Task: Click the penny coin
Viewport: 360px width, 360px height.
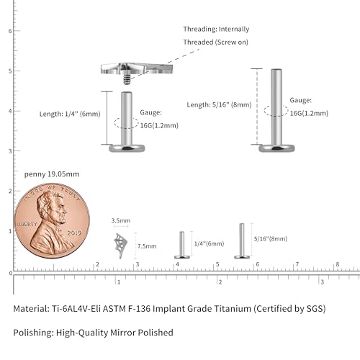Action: tap(52, 221)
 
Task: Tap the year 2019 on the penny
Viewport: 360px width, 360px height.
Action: tap(74, 233)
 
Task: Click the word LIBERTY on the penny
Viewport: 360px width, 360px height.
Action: tap(27, 224)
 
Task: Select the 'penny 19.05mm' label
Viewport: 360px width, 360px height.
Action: tap(52, 174)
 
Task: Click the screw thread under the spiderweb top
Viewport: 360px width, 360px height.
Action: tap(127, 80)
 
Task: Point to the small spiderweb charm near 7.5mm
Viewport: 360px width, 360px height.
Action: tap(120, 246)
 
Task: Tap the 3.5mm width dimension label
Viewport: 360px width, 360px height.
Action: tap(121, 220)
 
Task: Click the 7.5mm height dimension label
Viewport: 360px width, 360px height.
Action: tap(147, 246)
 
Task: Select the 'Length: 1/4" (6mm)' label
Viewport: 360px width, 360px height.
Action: tap(70, 114)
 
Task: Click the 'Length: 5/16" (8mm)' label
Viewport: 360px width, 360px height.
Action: tap(219, 104)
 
